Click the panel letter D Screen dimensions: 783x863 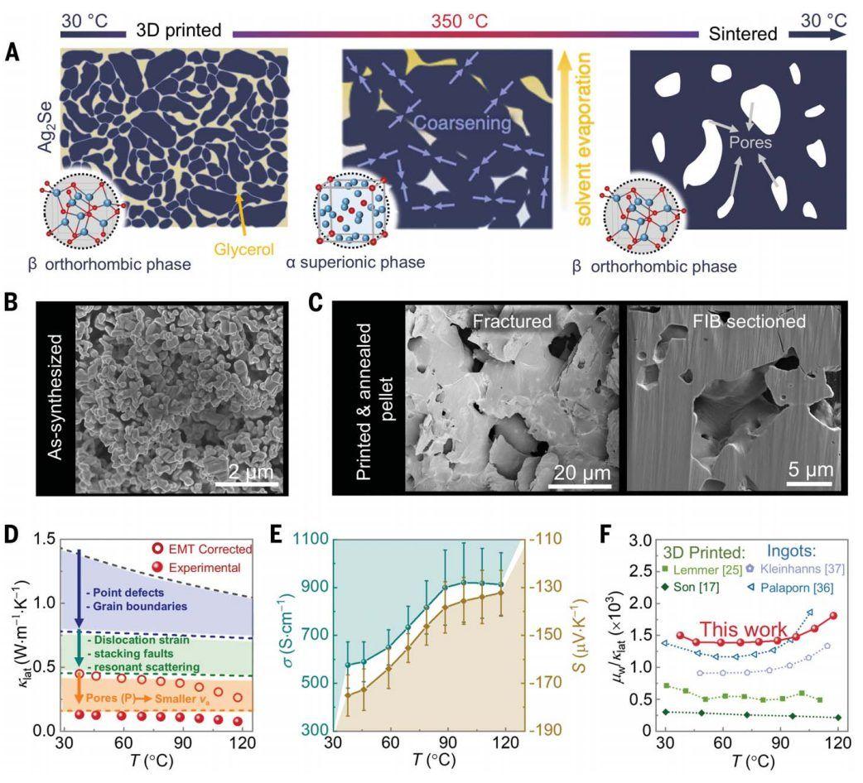tap(12, 534)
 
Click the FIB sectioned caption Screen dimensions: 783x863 tap(731, 321)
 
